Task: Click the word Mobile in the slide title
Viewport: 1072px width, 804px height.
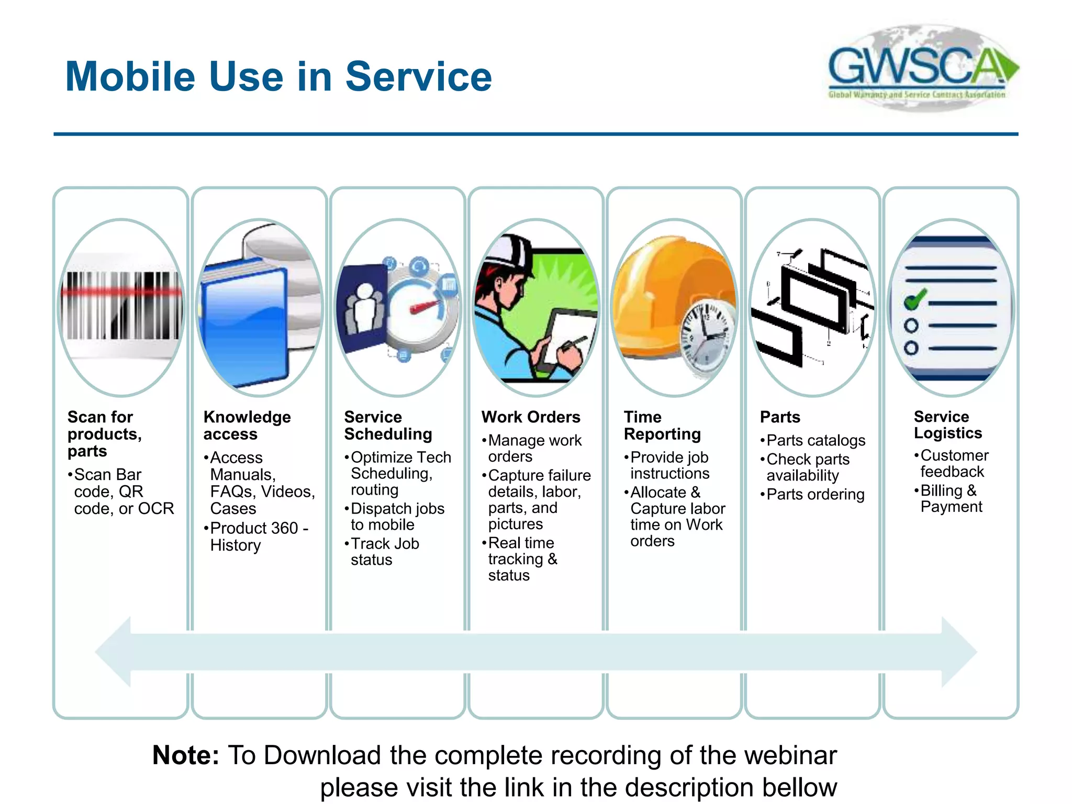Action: click(x=130, y=77)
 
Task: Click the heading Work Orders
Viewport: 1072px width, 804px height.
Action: click(x=531, y=417)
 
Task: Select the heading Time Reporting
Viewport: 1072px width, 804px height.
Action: click(x=662, y=426)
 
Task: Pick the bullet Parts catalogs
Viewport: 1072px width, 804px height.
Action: click(x=815, y=441)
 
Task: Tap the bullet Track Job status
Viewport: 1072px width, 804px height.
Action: click(x=384, y=552)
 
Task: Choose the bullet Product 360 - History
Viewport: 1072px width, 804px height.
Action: click(x=259, y=537)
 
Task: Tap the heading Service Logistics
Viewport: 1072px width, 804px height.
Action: click(x=947, y=425)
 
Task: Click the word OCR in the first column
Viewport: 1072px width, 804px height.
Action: click(x=155, y=509)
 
